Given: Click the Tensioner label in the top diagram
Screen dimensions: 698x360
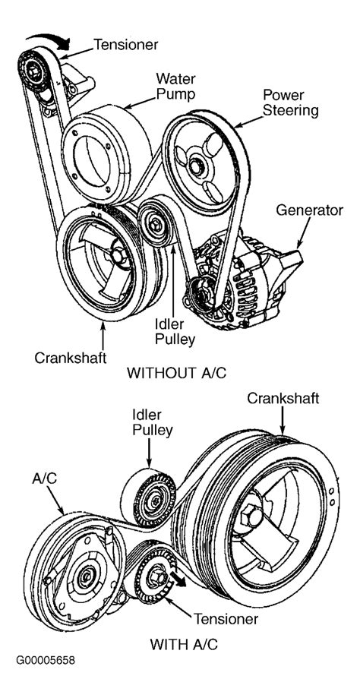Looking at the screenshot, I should [x=125, y=46].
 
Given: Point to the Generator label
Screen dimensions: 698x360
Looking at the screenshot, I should [x=308, y=210].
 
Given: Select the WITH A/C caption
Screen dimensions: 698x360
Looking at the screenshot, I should [x=185, y=643].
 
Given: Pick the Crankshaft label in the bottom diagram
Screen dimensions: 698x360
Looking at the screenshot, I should [x=283, y=399].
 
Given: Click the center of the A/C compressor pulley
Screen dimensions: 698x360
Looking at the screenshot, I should [x=81, y=575].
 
